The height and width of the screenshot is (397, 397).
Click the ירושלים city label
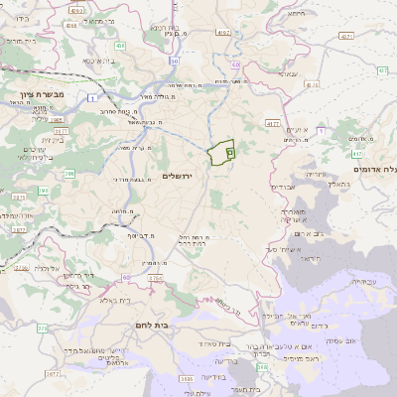point(180,176)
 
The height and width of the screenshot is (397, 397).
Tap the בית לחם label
point(149,324)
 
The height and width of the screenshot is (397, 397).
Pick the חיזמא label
point(296,14)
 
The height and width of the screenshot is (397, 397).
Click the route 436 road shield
point(120,46)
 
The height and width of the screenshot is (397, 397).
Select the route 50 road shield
point(174,62)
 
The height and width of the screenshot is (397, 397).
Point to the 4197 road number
point(222,33)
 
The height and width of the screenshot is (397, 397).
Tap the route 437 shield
point(345,36)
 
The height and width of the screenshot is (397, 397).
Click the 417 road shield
point(356,155)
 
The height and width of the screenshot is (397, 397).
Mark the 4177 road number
point(273,123)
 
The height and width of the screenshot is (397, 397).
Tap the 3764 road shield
point(156,279)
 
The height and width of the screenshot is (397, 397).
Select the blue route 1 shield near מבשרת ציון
point(91,96)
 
